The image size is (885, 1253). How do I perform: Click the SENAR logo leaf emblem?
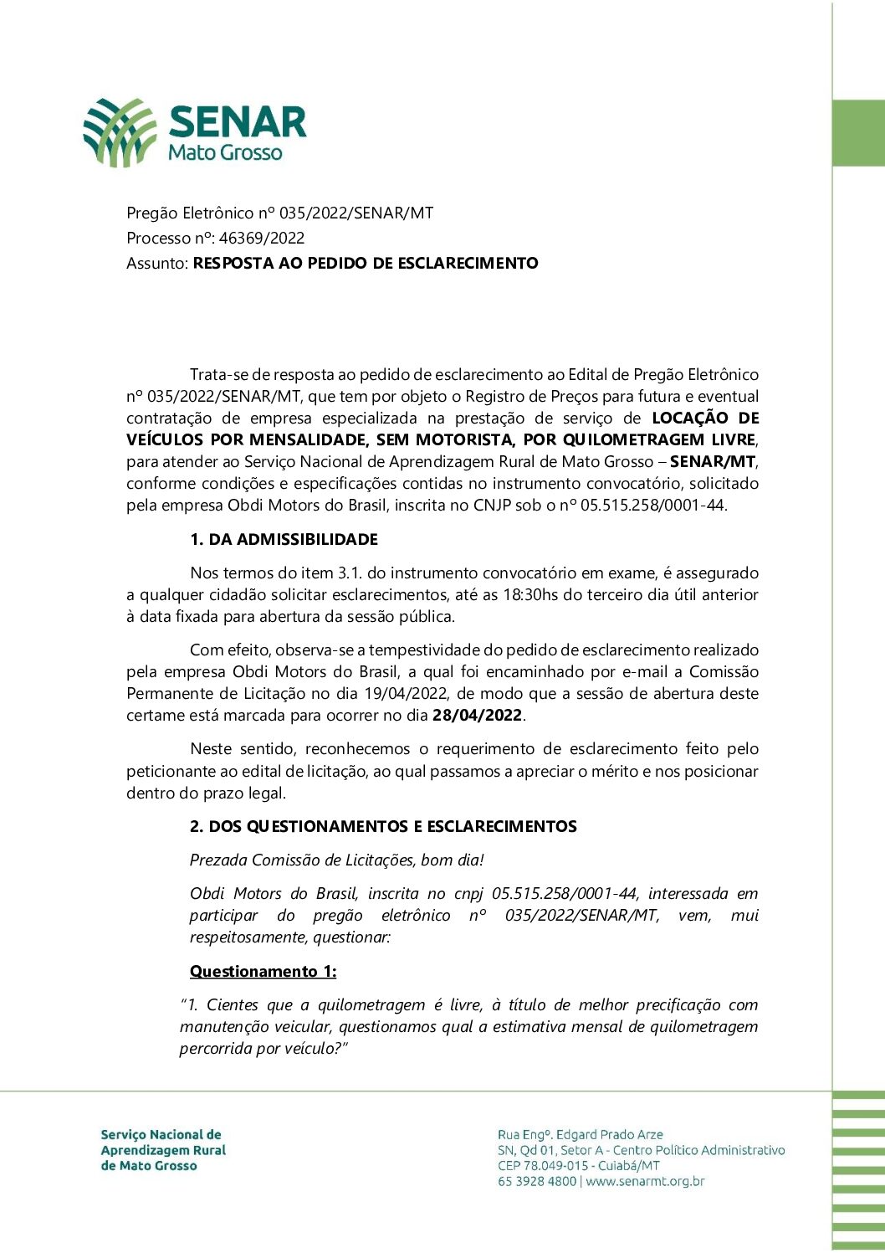click(120, 131)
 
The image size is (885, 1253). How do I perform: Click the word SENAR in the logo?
click(238, 122)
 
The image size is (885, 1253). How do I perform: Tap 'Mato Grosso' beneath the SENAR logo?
click(225, 152)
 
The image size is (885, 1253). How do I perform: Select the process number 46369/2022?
click(262, 238)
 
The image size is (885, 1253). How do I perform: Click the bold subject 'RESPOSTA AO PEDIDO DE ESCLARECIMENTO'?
click(366, 263)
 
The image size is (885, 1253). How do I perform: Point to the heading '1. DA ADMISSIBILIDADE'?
click(284, 540)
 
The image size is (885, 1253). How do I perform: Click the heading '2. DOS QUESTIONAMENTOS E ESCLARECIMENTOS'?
click(383, 827)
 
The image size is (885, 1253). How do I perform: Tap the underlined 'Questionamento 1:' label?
click(263, 972)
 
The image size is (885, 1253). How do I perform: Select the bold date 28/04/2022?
click(477, 716)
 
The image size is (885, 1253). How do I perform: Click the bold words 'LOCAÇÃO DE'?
click(705, 419)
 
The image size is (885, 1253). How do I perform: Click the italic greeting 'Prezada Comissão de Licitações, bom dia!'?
click(336, 860)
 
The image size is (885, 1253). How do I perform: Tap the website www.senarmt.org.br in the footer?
click(645, 1182)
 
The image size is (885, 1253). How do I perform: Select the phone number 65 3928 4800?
click(537, 1182)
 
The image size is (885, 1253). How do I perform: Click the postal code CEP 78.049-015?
click(543, 1166)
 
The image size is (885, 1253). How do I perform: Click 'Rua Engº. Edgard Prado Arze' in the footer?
click(580, 1135)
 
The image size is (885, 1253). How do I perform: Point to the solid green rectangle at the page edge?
click(859, 133)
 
